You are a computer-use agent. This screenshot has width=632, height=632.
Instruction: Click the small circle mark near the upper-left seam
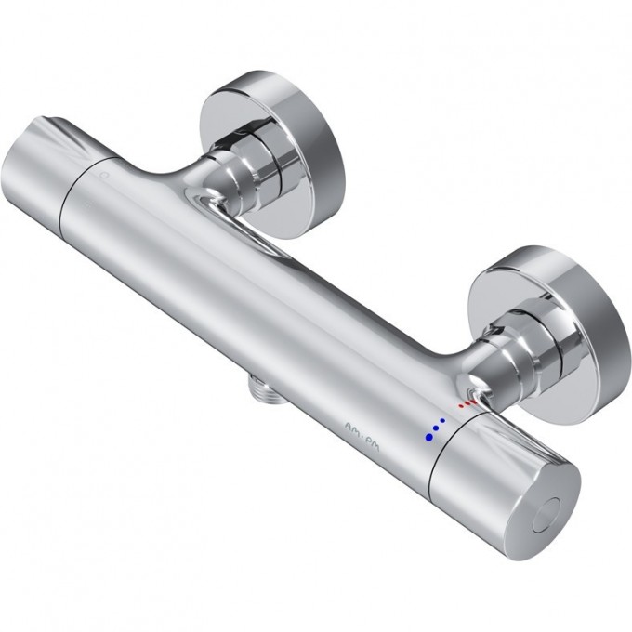[x=106, y=174]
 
